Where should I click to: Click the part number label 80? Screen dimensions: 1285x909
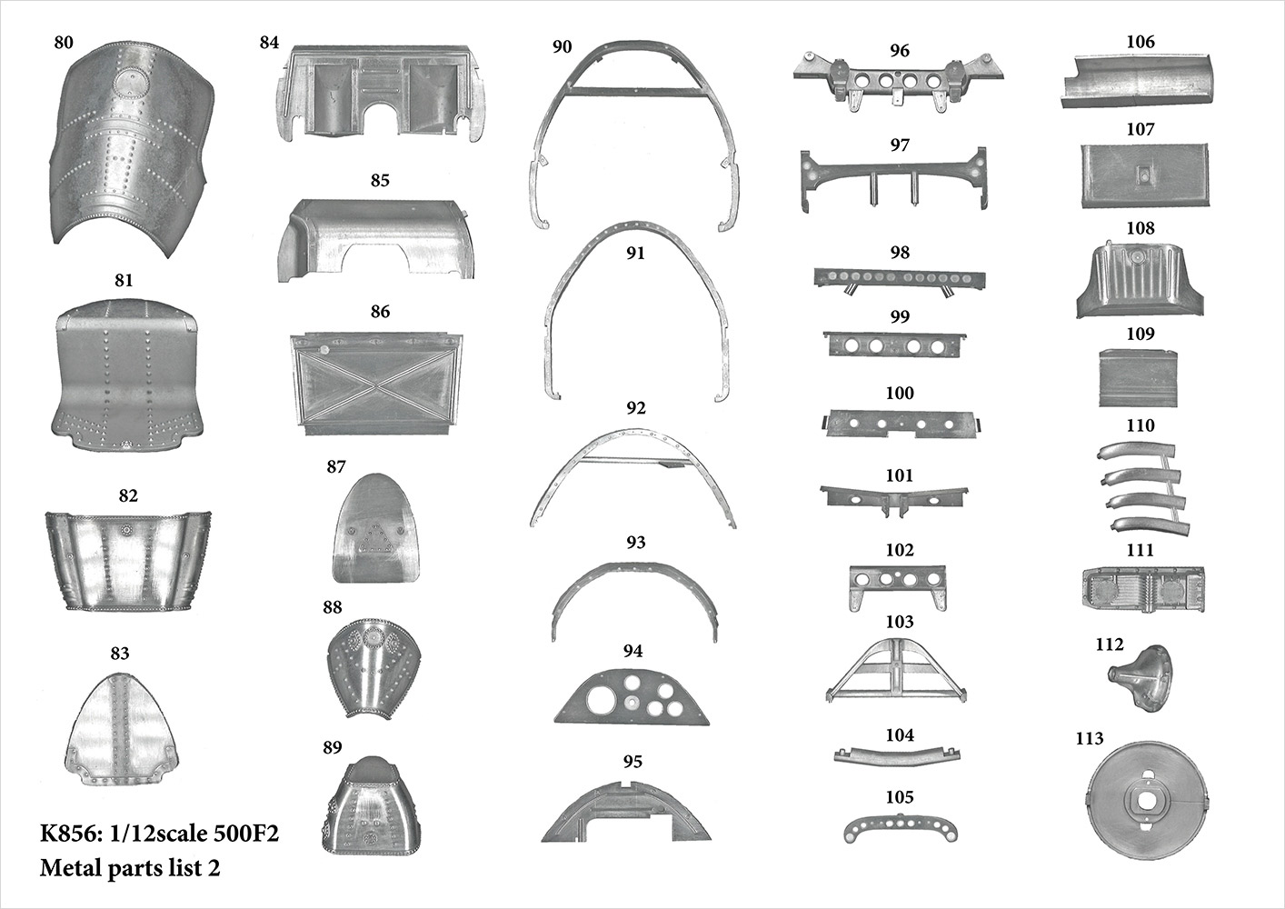64,43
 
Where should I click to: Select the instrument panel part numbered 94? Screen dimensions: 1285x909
633,696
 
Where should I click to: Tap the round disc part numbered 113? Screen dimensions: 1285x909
1148,802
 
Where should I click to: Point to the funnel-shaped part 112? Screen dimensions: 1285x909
1141,678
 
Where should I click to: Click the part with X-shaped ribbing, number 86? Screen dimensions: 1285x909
377,383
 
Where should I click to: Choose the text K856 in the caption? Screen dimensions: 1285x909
71,834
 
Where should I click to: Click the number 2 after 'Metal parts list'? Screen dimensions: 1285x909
214,868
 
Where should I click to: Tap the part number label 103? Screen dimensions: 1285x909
900,622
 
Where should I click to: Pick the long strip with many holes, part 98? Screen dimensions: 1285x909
900,280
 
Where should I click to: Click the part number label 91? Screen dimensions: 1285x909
635,253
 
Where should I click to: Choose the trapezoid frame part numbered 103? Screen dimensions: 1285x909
896,669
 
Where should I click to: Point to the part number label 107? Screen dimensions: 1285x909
1140,130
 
